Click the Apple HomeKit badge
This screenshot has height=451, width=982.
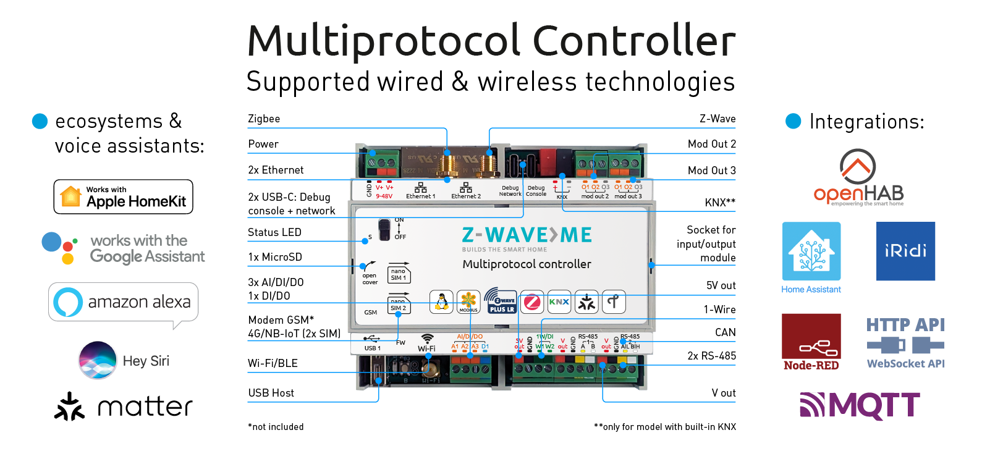pos(124,197)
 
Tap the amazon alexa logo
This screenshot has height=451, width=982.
pos(124,302)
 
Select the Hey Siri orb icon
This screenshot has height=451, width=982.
pos(98,360)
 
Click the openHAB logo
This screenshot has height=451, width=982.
pos(858,178)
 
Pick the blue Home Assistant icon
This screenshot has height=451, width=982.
pos(811,251)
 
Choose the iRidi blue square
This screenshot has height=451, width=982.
pos(905,251)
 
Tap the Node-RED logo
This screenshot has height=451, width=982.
pos(811,342)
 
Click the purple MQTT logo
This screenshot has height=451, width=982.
pos(860,406)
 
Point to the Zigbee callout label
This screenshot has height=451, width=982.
pos(264,119)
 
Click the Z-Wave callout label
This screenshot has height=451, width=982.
pos(717,119)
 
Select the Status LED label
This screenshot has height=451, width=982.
pos(274,232)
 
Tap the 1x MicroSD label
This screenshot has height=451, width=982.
pos(275,257)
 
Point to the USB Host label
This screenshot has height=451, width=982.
pos(271,393)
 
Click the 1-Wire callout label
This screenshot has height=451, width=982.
pos(719,310)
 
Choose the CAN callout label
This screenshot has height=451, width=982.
pos(725,332)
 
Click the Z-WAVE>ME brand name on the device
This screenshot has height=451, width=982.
pos(527,235)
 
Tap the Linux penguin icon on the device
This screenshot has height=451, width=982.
pos(441,302)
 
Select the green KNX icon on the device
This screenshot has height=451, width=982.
pos(559,302)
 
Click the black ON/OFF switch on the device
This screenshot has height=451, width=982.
pos(385,229)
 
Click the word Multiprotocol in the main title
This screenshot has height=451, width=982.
pos(384,41)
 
